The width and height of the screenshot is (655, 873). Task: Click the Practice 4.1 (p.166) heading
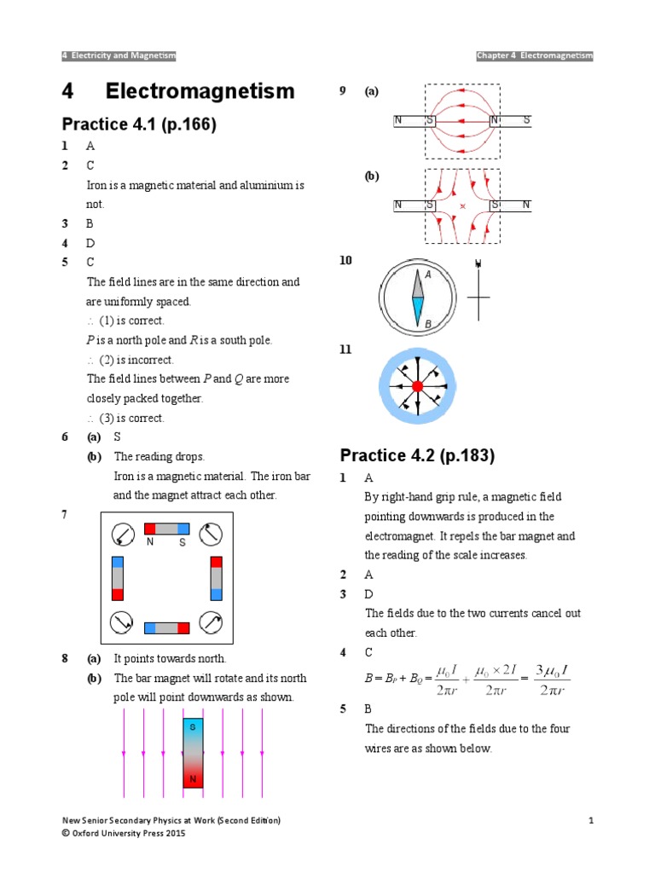pyautogui.click(x=140, y=125)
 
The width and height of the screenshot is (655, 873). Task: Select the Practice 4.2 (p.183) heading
pyautogui.click(x=417, y=455)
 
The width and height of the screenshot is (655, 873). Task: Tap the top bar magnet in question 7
pyautogui.click(x=166, y=529)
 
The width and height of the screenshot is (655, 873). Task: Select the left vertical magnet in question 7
pyautogui.click(x=118, y=578)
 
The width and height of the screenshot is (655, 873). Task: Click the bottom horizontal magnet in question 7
pyautogui.click(x=167, y=628)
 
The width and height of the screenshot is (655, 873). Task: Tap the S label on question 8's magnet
pyautogui.click(x=193, y=727)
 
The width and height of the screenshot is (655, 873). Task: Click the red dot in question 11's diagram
pyautogui.click(x=417, y=386)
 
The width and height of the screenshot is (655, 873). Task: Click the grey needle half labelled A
pyautogui.click(x=417, y=283)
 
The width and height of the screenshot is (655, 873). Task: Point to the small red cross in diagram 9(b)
pyautogui.click(x=462, y=206)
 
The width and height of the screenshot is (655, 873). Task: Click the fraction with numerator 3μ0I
pyautogui.click(x=542, y=680)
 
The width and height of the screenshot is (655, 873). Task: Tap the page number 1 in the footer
pyautogui.click(x=590, y=820)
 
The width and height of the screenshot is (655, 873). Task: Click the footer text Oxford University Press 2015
pyautogui.click(x=128, y=833)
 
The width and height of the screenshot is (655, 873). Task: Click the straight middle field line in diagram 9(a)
pyautogui.click(x=461, y=121)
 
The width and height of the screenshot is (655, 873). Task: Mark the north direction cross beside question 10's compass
pyautogui.click(x=478, y=298)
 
